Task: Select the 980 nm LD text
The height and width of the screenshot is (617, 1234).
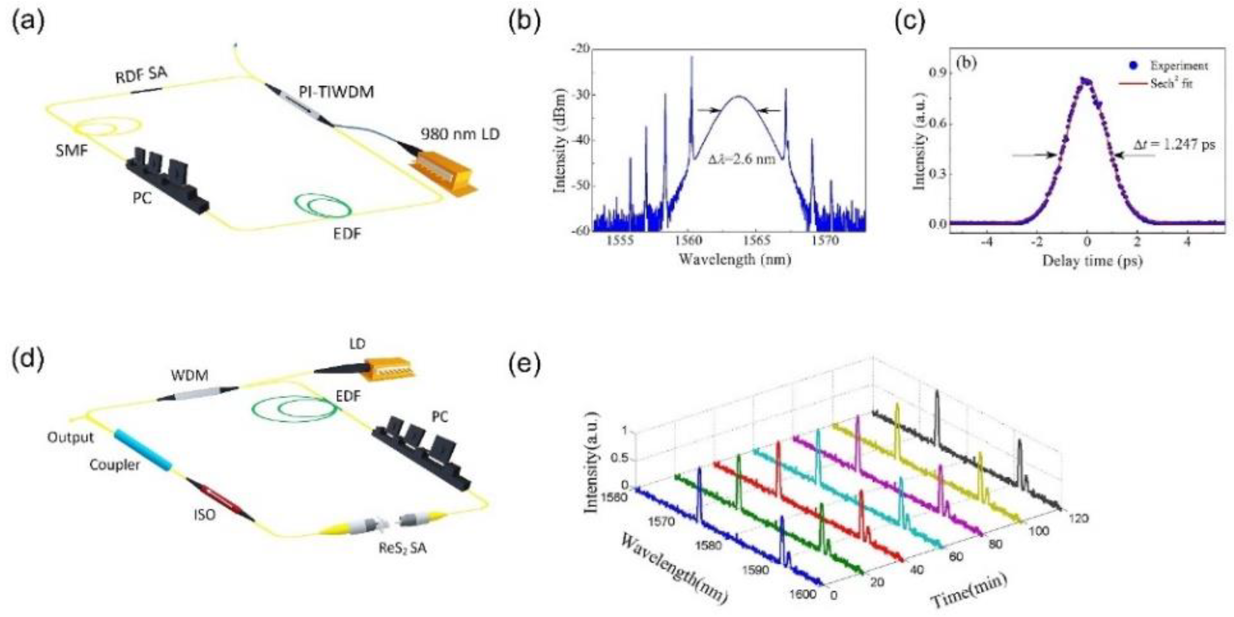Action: pyautogui.click(x=460, y=134)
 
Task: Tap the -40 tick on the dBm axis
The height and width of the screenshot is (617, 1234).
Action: pyautogui.click(x=579, y=141)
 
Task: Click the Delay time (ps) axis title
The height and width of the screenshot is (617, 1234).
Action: pyautogui.click(x=1092, y=261)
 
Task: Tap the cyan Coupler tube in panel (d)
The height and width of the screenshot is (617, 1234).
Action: pyautogui.click(x=142, y=451)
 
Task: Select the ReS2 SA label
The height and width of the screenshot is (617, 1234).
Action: pyautogui.click(x=402, y=548)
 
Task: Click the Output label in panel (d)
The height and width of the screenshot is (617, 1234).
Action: pyautogui.click(x=70, y=438)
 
